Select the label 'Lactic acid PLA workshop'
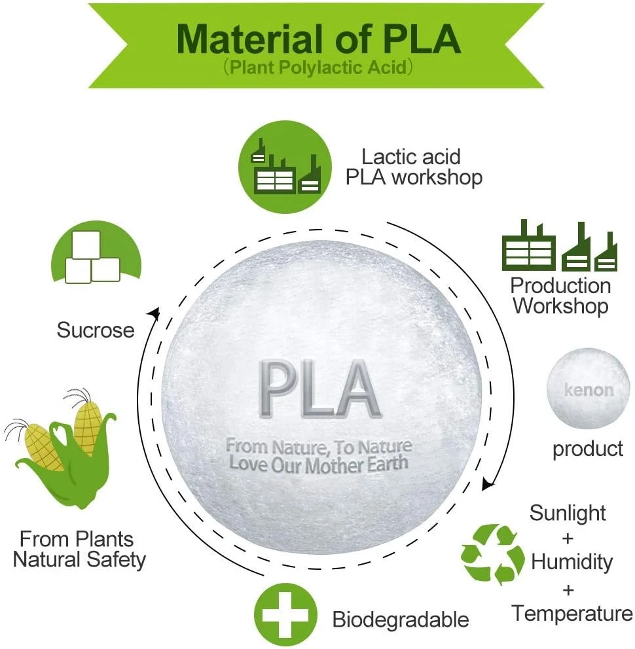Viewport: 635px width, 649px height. click(413, 167)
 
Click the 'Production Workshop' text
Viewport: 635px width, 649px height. click(560, 296)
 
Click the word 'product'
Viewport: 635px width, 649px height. click(588, 449)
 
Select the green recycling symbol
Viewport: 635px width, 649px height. click(492, 555)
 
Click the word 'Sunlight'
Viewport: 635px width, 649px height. click(568, 512)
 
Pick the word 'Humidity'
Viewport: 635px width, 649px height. click(571, 561)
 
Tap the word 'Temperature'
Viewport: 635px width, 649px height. click(572, 614)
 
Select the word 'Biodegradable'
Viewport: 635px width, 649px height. click(401, 619)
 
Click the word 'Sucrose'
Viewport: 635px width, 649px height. click(96, 329)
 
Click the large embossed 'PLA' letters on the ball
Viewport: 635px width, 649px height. click(319, 390)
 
